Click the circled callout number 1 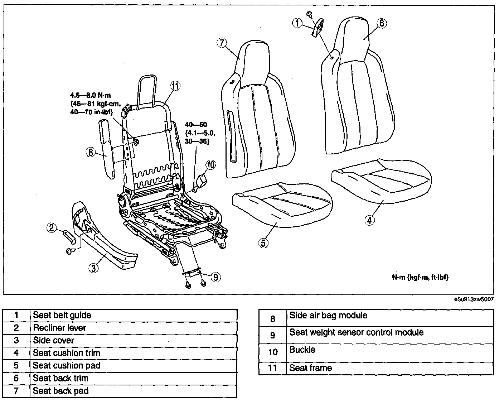coord(297,23)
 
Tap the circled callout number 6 coord(382,23)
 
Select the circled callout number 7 coord(222,43)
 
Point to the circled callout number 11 coord(175,86)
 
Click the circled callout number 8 coord(91,153)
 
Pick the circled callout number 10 coord(210,165)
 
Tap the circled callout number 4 coord(369,221)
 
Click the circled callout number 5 coord(263,243)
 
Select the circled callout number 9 coord(216,278)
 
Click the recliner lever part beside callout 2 coord(69,237)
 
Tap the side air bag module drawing coord(107,149)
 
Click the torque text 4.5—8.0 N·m coord(91,96)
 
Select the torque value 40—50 coord(196,125)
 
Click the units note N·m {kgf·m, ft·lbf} coord(420,278)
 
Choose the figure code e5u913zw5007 coord(474,299)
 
